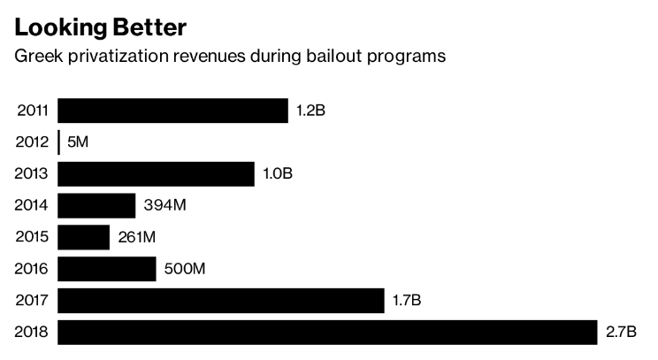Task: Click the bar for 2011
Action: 172,111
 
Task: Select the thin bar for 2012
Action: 58,142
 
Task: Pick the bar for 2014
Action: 96,206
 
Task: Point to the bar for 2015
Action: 83,237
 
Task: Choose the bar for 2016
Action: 106,269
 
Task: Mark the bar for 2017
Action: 220,301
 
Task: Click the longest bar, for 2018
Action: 327,333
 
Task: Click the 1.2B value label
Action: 311,111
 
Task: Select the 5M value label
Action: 78,142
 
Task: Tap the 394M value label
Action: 164,206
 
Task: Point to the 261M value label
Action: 138,238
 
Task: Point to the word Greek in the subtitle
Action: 32,57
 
